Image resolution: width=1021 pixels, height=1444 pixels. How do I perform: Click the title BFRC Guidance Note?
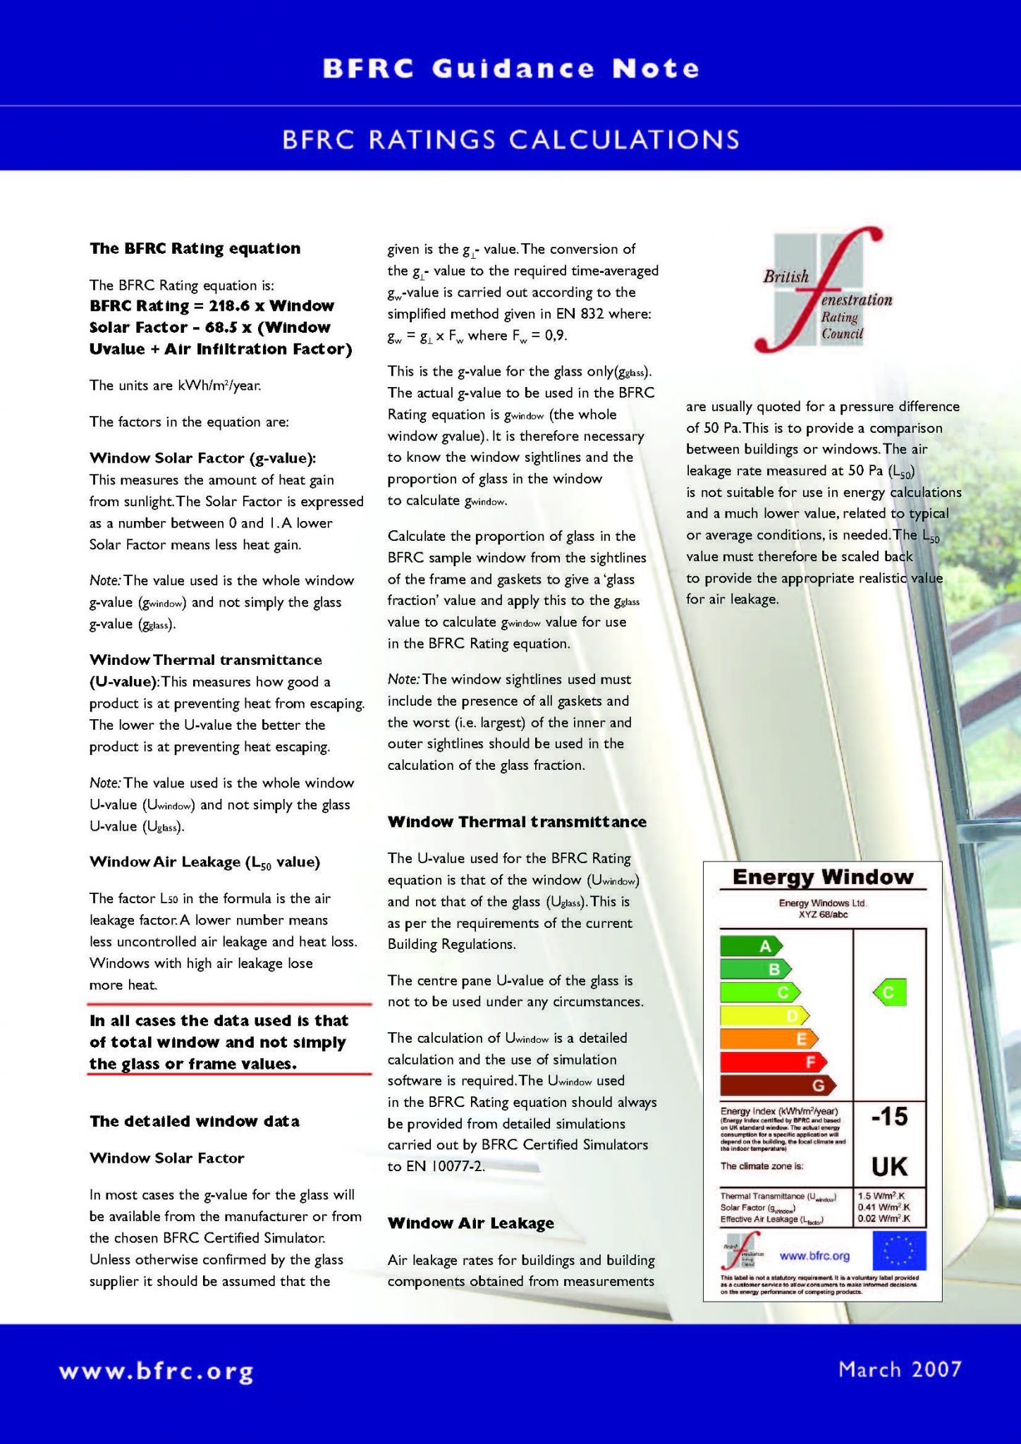pyautogui.click(x=510, y=68)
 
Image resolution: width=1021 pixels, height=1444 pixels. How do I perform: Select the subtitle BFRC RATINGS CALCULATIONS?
pyautogui.click(x=510, y=139)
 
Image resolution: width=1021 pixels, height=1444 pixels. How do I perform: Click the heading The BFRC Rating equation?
pyautogui.click(x=195, y=248)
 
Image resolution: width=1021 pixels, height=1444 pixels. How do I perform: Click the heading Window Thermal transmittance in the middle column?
pyautogui.click(x=517, y=821)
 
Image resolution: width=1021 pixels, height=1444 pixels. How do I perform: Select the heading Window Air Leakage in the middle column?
pyautogui.click(x=470, y=1223)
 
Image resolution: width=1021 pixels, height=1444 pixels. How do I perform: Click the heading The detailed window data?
pyautogui.click(x=194, y=1121)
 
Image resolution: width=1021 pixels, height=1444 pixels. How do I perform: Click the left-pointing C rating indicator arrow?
pyautogui.click(x=889, y=993)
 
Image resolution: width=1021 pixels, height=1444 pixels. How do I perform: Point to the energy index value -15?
pyautogui.click(x=889, y=1117)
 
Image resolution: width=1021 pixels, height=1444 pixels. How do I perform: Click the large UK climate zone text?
pyautogui.click(x=889, y=1167)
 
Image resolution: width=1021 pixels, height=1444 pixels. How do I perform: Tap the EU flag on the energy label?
pyautogui.click(x=899, y=1251)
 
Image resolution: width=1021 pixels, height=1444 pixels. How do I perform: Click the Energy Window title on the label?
pyautogui.click(x=822, y=877)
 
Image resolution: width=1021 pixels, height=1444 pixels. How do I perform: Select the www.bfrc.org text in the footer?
pyautogui.click(x=157, y=1372)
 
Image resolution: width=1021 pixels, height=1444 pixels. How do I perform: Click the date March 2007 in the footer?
pyautogui.click(x=900, y=1369)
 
